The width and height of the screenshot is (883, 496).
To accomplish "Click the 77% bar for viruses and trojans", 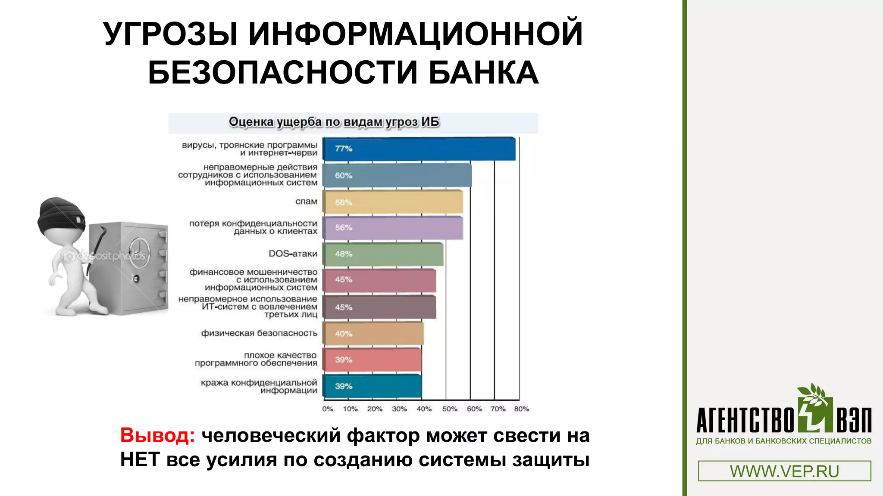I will pos(418,149).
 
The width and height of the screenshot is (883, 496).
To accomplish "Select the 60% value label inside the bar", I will pos(344,176).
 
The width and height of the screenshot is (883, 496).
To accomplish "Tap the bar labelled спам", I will pos(392,202).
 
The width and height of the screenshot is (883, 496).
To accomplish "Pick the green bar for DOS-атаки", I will pos(383,254).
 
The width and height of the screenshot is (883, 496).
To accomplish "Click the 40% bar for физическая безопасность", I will pos(373,334).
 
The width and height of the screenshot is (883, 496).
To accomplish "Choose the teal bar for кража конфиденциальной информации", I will pos(372,386).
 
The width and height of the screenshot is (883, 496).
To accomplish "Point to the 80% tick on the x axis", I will pos(521,409).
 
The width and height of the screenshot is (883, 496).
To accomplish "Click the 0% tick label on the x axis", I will pos(328,409).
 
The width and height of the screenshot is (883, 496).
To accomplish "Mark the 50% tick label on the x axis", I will pos(449,409).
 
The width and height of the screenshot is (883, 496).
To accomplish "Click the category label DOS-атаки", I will pos(293,254).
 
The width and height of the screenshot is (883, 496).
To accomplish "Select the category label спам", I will pos(306,201).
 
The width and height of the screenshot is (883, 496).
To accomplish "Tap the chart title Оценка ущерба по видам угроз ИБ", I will pos(334,122).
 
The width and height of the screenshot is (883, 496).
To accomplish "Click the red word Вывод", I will pos(157,435).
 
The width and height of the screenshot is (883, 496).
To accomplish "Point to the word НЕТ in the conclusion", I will pos(140,460).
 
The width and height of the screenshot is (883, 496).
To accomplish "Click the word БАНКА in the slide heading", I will pos(483,72).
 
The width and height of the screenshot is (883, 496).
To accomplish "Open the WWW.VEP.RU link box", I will pos(784,471).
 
